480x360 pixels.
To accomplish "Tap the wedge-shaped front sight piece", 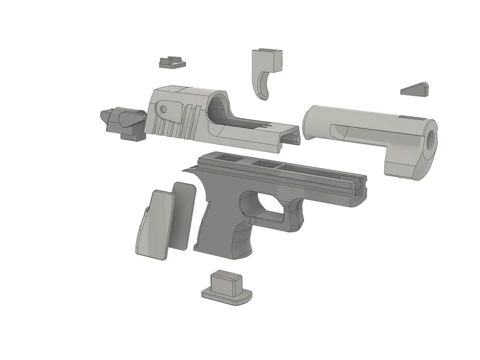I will point(416,88).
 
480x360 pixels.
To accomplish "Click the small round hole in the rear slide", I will point(164,108).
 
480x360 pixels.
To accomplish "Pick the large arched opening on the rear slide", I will point(218,107).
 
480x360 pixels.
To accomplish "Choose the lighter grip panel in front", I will point(154,225).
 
